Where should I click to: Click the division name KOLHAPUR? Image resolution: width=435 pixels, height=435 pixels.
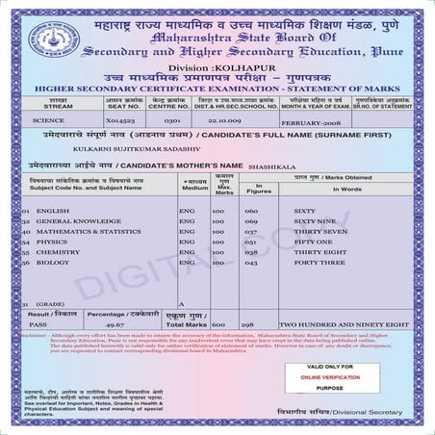pos(234,66)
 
